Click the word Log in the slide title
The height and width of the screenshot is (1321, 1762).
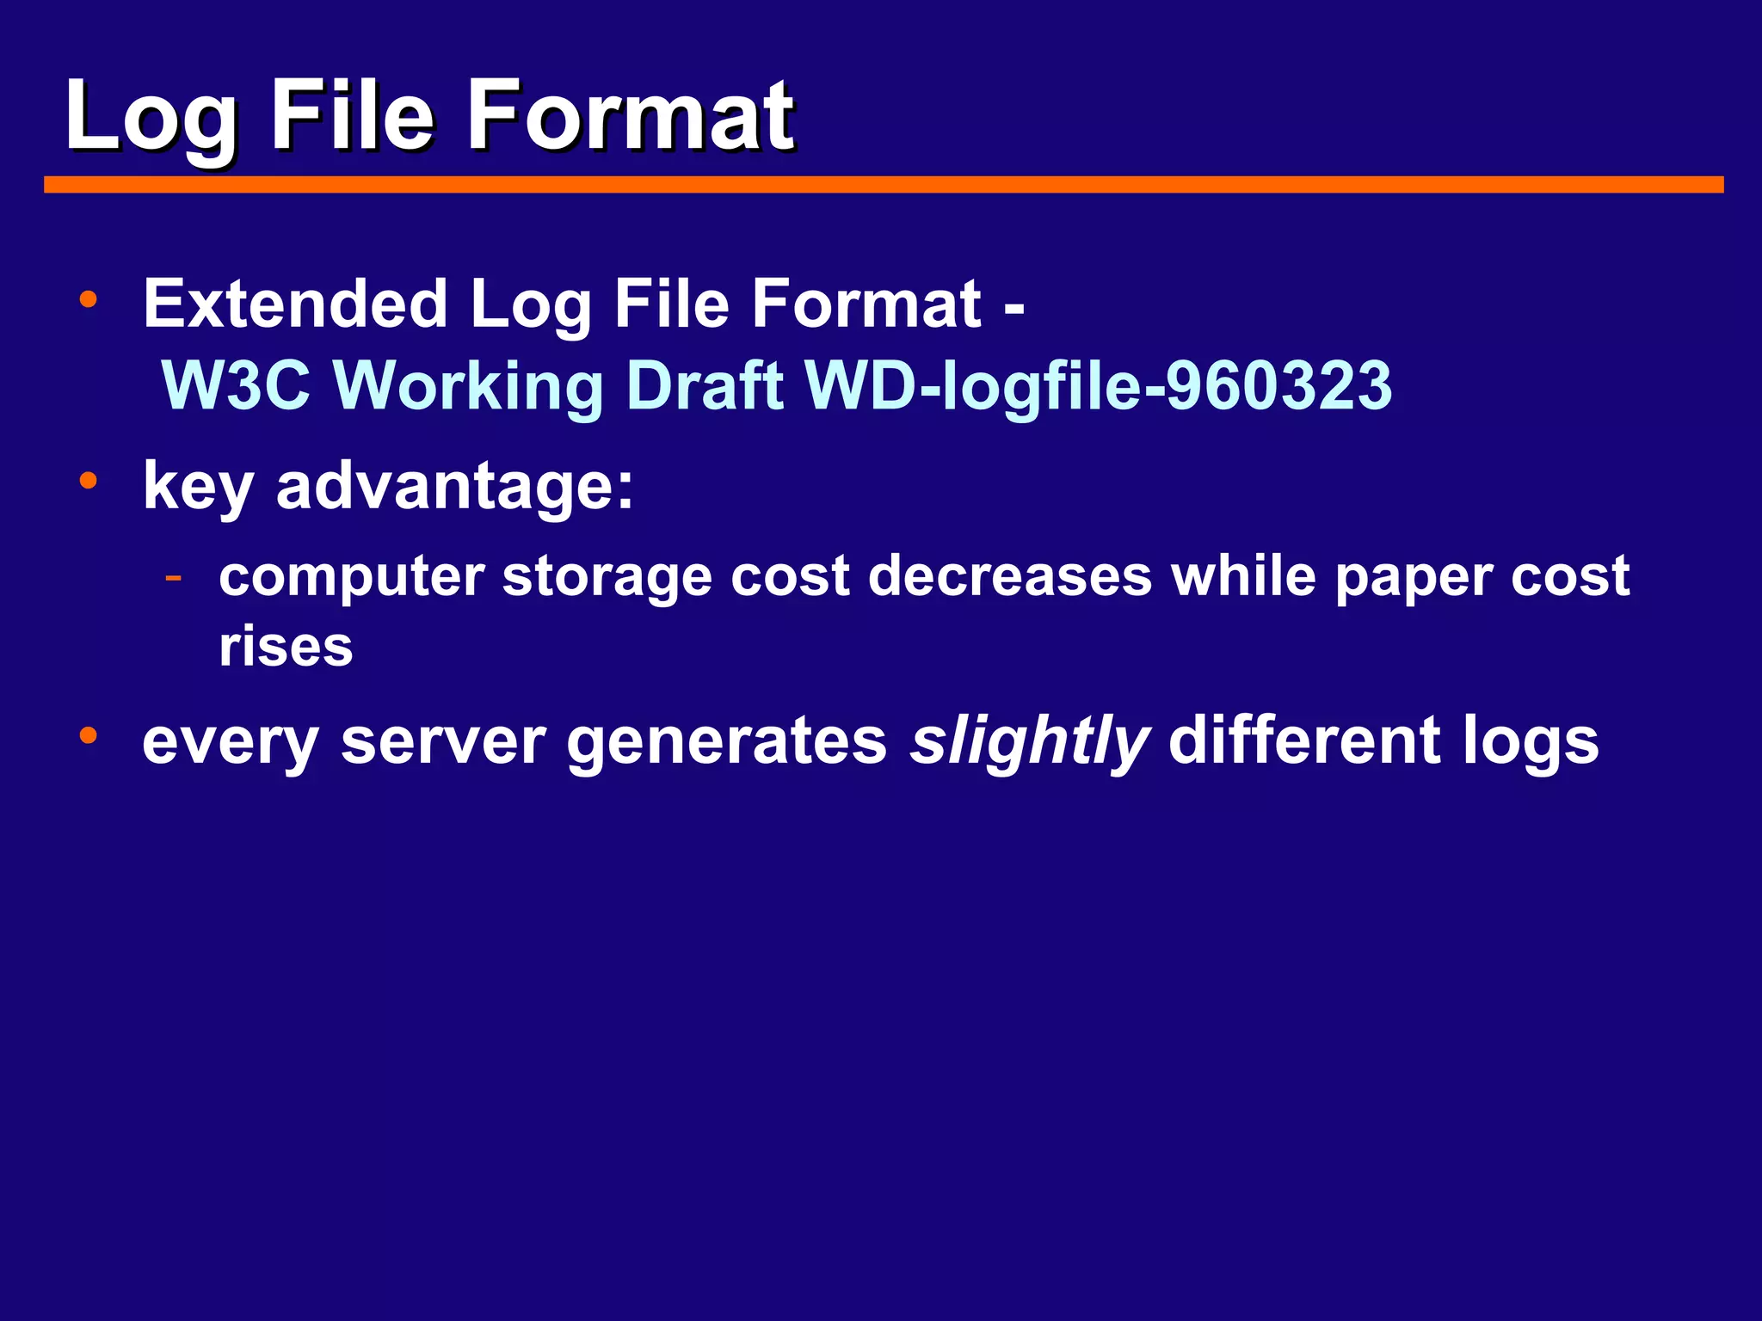tap(151, 116)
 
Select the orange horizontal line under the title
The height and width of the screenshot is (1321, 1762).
tap(884, 185)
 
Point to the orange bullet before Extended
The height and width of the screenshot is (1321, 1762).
tap(88, 300)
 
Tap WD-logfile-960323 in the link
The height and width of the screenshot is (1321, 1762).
tap(1098, 385)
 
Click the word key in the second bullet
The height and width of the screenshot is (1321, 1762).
tap(198, 487)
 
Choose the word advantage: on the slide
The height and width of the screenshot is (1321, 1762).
tap(455, 487)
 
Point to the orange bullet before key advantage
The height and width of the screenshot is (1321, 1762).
tap(88, 481)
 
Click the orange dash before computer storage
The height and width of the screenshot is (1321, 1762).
tap(174, 576)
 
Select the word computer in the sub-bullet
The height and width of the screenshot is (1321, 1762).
tap(351, 576)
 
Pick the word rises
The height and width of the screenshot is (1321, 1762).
tap(286, 647)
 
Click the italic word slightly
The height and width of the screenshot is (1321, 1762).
tap(1029, 741)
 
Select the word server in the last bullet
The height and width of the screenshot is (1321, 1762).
tap(443, 741)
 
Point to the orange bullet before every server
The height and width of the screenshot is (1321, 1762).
tap(88, 736)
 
